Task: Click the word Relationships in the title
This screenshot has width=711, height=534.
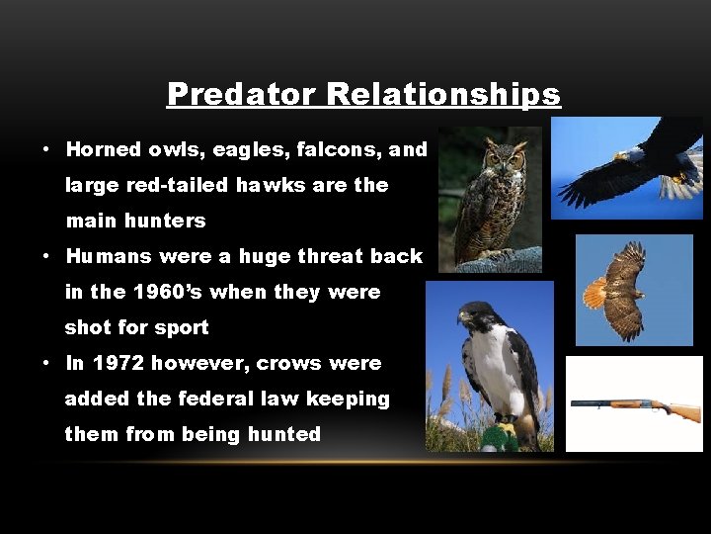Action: point(443,94)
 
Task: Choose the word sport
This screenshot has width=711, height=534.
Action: point(180,327)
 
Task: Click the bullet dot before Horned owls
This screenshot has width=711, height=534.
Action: point(46,150)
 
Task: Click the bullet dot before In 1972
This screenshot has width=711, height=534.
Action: point(46,364)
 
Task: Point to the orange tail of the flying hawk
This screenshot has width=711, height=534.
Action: point(594,293)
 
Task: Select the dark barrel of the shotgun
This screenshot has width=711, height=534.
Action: point(602,402)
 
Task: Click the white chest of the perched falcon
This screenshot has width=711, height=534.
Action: point(487,361)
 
